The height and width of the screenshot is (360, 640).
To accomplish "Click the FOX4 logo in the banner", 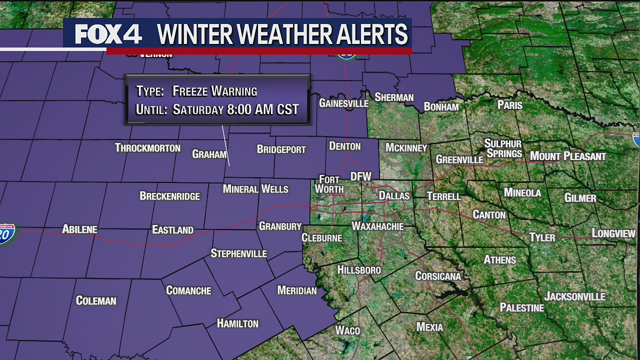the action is click(x=108, y=34).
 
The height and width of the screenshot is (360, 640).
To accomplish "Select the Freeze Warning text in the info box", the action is click(x=214, y=91).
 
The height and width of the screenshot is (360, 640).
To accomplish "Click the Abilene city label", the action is click(x=79, y=229).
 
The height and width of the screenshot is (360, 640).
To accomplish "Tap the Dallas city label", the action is click(x=394, y=195).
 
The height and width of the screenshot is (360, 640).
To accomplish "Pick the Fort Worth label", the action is click(x=329, y=184).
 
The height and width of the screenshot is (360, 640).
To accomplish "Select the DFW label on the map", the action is click(x=360, y=176).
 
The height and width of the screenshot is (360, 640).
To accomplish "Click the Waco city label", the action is click(x=347, y=330).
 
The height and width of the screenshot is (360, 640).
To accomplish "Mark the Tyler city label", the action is click(x=542, y=237).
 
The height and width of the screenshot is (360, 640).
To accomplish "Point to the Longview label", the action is click(x=613, y=233).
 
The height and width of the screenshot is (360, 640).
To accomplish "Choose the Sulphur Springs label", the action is click(x=503, y=148).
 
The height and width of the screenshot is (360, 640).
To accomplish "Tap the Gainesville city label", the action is click(x=343, y=103).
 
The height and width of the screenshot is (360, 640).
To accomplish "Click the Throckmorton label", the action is click(x=147, y=147).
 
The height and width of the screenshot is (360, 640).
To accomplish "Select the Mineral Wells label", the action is click(x=255, y=189).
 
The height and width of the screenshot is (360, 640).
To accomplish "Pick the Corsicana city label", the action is click(x=438, y=276).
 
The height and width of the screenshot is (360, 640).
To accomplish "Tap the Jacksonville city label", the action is click(x=574, y=296).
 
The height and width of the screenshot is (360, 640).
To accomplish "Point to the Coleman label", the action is click(x=96, y=300).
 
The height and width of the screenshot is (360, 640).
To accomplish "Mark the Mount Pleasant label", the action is click(x=568, y=156).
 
